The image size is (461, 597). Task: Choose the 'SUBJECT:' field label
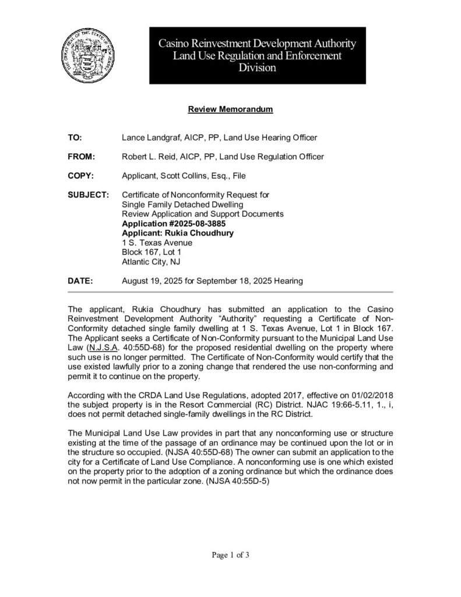[x=88, y=194]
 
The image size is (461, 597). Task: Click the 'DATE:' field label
[x=80, y=281]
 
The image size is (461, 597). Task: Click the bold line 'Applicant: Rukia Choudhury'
[x=178, y=233]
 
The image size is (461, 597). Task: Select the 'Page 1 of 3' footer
[x=230, y=555]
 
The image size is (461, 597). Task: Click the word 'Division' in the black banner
[x=257, y=68]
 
